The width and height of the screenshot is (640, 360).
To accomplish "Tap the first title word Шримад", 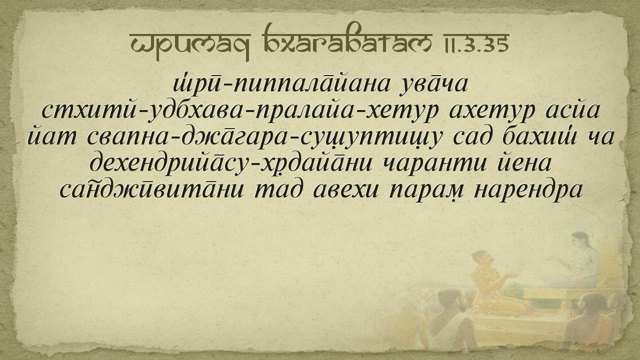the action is [190, 45].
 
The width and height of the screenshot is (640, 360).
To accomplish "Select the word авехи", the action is [345, 189].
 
